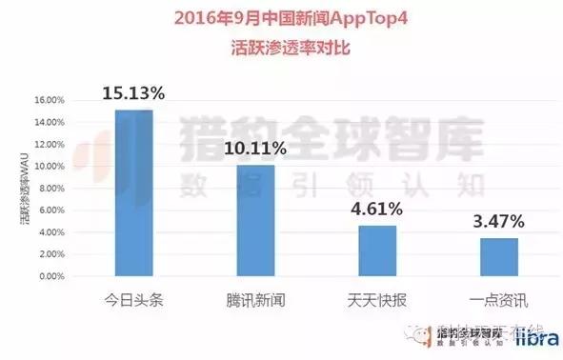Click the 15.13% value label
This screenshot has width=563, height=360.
134,93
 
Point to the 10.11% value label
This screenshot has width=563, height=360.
255,149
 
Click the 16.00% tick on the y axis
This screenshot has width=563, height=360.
50,100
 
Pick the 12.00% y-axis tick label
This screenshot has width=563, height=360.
50,144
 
